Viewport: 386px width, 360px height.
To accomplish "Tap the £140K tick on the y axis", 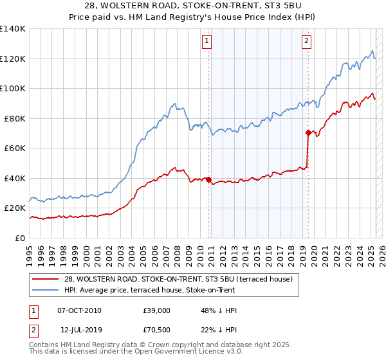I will tap(13, 29).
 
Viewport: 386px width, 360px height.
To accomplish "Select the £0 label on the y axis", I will tap(21, 238).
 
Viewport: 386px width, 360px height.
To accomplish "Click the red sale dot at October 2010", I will tap(208, 179).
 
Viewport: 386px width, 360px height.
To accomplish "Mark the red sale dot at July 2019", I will tap(308, 133).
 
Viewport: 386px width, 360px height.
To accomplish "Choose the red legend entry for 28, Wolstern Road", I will tap(179, 279).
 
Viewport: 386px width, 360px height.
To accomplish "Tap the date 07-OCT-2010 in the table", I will tap(79, 310).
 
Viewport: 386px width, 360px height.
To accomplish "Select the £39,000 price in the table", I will tap(157, 310).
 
